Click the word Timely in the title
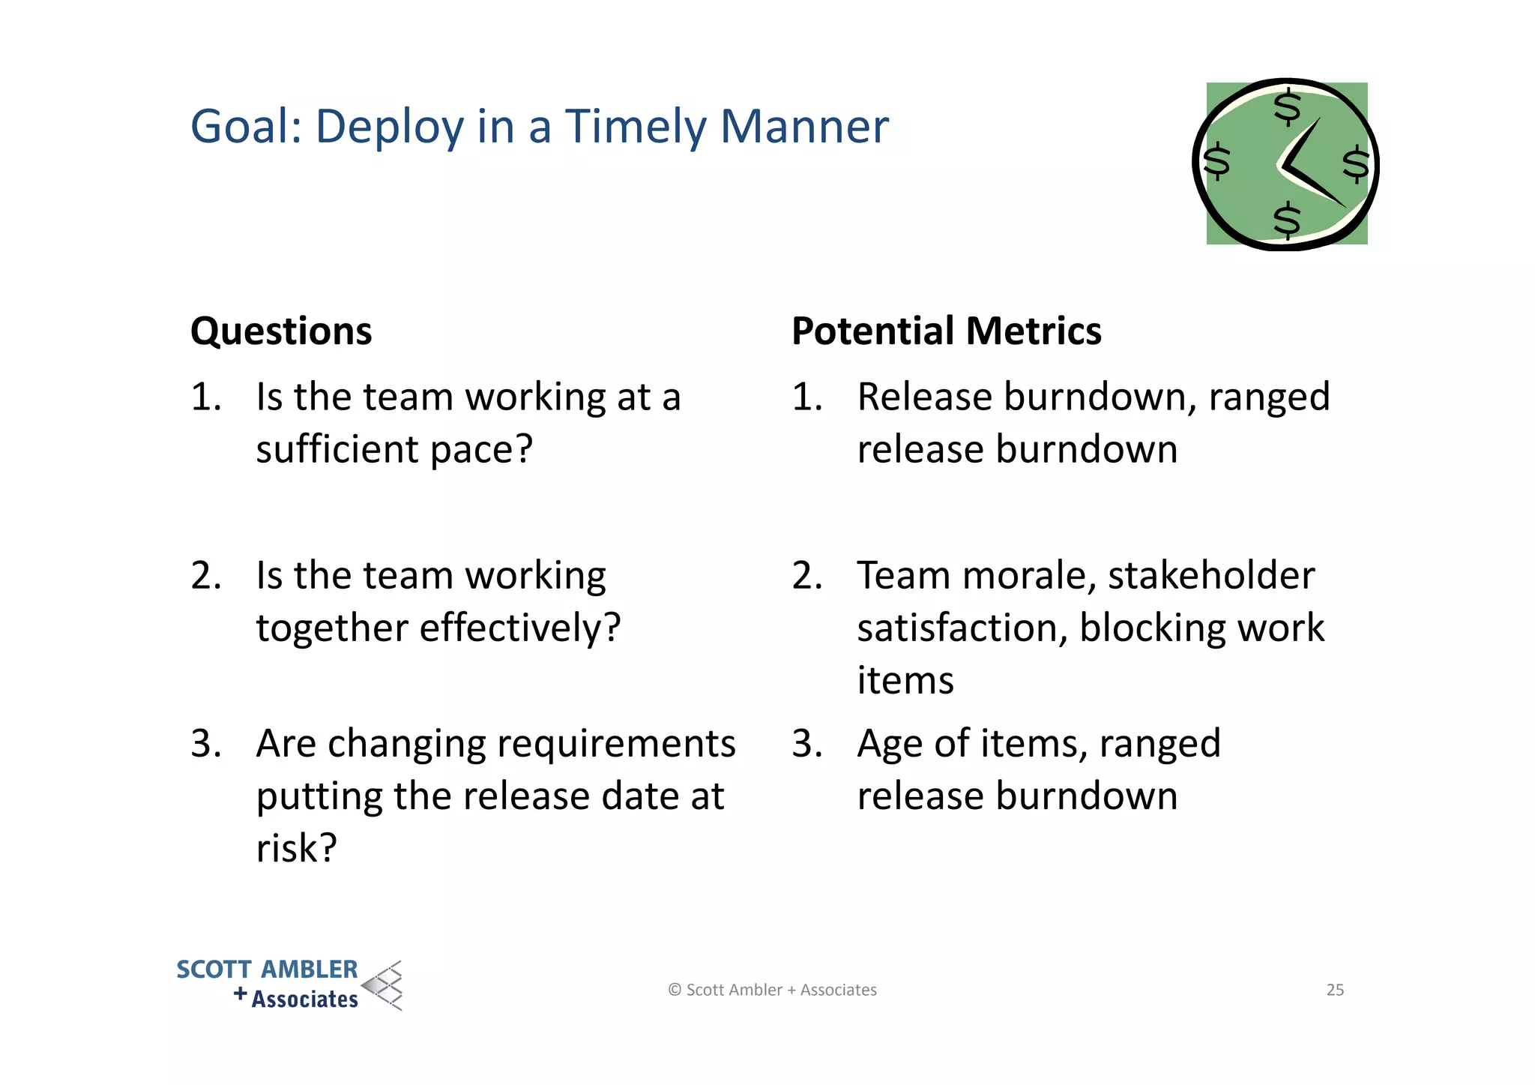tap(634, 127)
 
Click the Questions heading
tap(281, 331)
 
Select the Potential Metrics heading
tap(946, 331)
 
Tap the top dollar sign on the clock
tap(1288, 107)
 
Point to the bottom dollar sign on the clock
tap(1287, 220)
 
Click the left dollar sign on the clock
tap(1216, 161)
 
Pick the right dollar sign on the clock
tap(1355, 164)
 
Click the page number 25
tap(1335, 990)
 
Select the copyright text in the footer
tap(772, 990)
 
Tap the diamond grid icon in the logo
tap(384, 985)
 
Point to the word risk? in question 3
tap(296, 849)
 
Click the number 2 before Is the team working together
tap(205, 576)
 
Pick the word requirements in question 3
tap(615, 744)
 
